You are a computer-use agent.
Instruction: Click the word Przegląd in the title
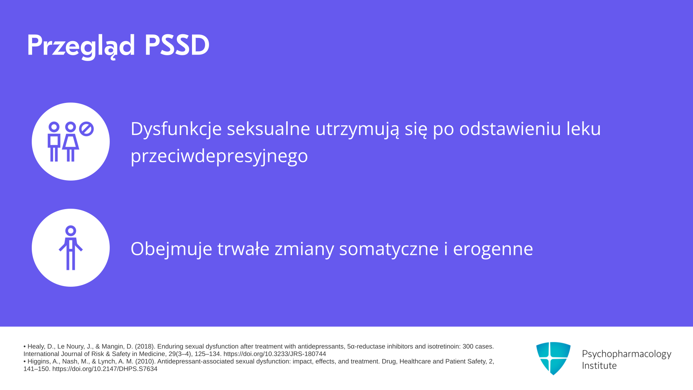[81, 46]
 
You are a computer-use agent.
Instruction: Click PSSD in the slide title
[177, 45]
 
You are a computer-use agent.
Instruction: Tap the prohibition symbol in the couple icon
[86, 129]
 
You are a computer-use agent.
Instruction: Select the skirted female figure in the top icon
[70, 142]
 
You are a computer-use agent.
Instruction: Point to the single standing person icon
[71, 248]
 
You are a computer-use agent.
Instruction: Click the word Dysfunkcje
[176, 129]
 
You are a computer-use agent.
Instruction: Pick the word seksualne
[269, 129]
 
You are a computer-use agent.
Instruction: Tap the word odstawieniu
[510, 129]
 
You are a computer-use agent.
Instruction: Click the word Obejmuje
[171, 249]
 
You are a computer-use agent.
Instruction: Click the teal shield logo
[553, 358]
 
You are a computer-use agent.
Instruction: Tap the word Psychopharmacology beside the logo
[627, 354]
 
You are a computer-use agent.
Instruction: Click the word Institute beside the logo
[599, 365]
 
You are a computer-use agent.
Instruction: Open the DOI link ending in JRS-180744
[275, 354]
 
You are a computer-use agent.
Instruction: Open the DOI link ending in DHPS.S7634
[105, 369]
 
